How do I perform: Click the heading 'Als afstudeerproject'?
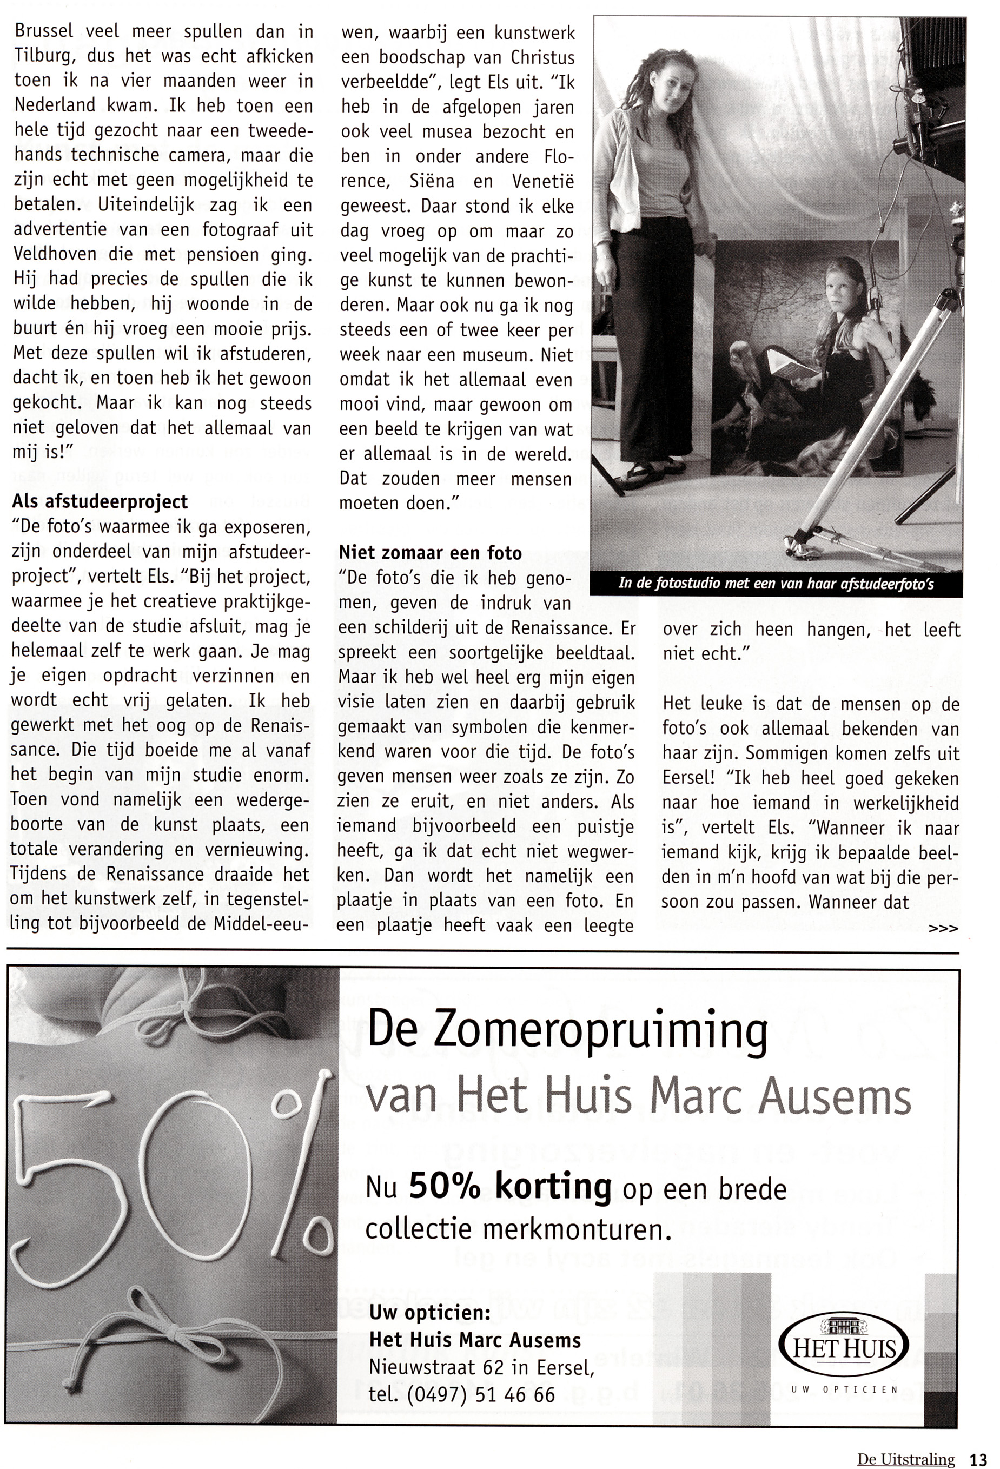[x=100, y=501]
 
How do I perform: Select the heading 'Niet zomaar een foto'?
[x=431, y=553]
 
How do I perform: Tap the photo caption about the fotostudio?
[x=776, y=584]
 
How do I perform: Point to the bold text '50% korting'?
[x=510, y=1187]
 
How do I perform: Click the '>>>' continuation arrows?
[x=944, y=928]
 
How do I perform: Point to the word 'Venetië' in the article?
[x=542, y=181]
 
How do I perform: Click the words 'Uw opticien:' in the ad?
[x=430, y=1312]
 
